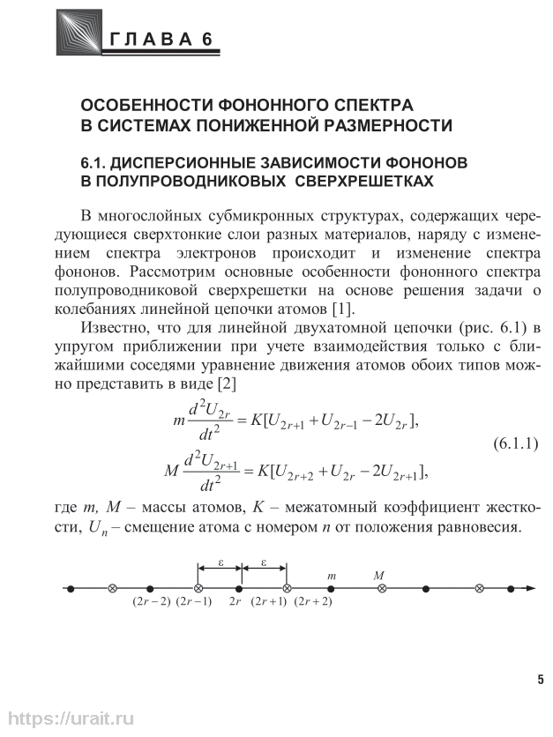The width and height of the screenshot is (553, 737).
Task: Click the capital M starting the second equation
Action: tap(171, 471)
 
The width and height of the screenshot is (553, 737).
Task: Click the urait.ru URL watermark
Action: tap(67, 719)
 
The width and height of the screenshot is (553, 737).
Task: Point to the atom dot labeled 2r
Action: tap(239, 588)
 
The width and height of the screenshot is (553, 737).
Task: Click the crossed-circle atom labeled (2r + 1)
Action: tap(286, 588)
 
